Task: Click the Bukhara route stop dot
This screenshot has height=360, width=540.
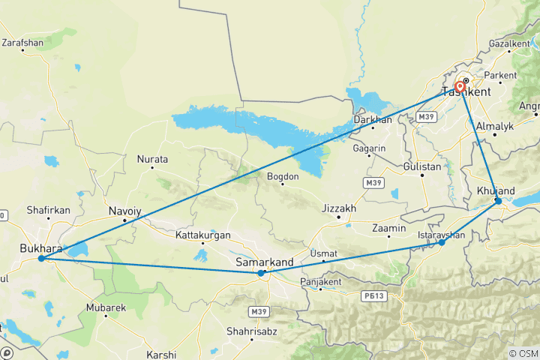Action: [x=40, y=259]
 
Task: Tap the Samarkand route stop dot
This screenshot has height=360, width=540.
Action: [x=261, y=273]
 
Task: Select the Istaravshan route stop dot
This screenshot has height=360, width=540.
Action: [x=442, y=242]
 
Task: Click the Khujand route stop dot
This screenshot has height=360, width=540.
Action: [x=498, y=201]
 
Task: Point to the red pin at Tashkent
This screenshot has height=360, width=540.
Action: [x=459, y=87]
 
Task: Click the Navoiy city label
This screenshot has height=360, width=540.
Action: [x=124, y=211]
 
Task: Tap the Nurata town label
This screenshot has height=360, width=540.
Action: [x=152, y=160]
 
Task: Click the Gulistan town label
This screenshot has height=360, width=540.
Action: [x=421, y=166]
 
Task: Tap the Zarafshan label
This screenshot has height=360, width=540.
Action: [x=22, y=43]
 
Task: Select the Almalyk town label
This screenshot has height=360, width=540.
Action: [x=493, y=126]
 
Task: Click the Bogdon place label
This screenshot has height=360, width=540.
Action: [x=283, y=177]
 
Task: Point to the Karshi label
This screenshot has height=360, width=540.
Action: [x=161, y=354]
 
